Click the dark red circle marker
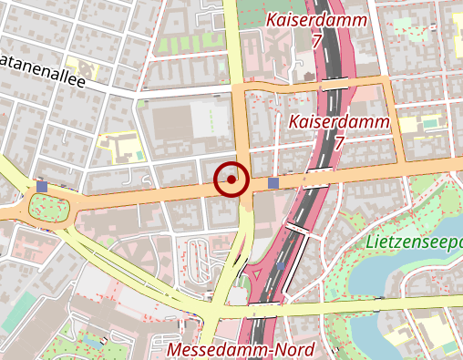231,180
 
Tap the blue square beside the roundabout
42,186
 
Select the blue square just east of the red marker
273,184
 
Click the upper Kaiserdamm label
315,20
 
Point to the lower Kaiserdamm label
338,121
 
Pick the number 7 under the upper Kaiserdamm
315,41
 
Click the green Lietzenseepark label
416,242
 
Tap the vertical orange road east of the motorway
398,123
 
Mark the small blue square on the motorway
281,268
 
